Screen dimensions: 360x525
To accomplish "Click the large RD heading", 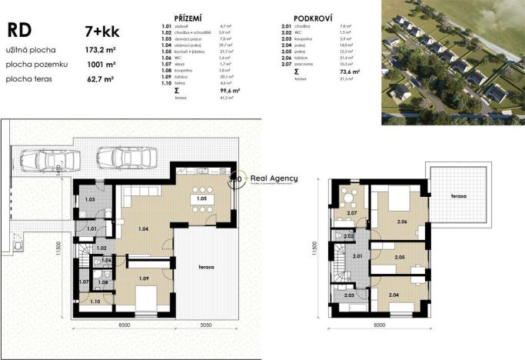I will [x=20, y=30].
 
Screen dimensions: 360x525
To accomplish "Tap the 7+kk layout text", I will [x=101, y=32].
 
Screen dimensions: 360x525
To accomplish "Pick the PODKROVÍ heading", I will [x=313, y=16].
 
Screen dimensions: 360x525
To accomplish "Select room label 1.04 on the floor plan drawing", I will [x=143, y=228].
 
